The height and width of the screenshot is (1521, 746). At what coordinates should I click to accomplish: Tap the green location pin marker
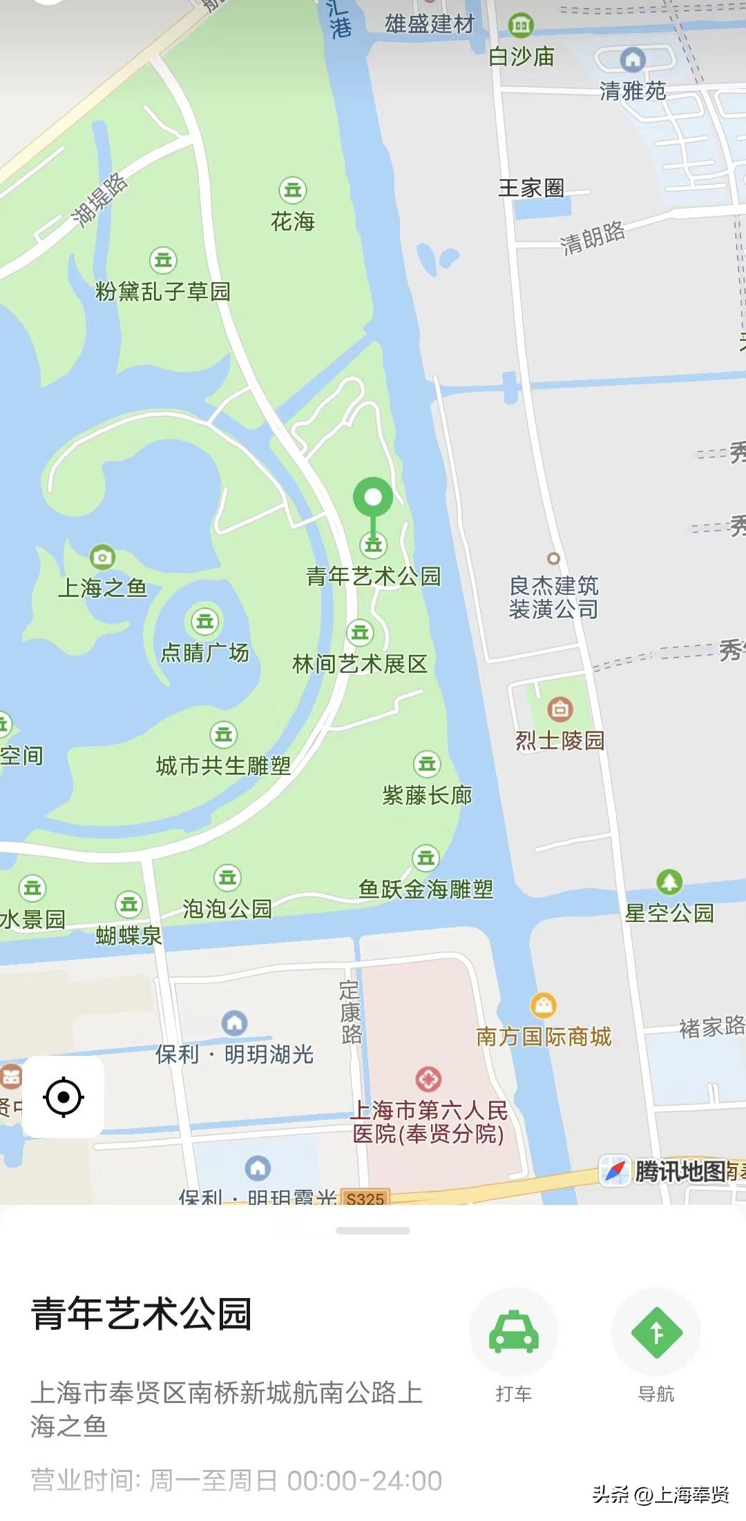[x=373, y=498]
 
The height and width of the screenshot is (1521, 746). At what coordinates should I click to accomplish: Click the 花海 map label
[x=293, y=221]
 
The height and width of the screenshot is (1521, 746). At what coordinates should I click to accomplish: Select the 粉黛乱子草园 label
[x=163, y=291]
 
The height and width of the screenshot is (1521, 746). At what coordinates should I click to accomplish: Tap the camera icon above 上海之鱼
[x=102, y=557]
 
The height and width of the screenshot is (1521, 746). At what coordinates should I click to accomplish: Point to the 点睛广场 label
[x=204, y=652]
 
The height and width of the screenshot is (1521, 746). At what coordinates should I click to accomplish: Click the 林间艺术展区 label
[x=360, y=664]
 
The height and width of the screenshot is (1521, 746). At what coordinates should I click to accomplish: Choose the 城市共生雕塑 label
[x=223, y=765]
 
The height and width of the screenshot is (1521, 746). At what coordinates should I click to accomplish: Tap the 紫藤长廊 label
[x=427, y=795]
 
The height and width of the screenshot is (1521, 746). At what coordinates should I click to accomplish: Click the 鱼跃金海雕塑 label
[x=425, y=889]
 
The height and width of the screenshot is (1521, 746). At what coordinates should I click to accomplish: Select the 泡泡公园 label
[x=227, y=908]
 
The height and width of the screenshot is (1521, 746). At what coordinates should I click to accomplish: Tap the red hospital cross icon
[x=428, y=1079]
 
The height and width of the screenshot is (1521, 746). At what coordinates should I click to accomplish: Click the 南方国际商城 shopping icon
[x=544, y=1005]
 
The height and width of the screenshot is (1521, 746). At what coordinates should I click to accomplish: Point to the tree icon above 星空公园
[x=669, y=881]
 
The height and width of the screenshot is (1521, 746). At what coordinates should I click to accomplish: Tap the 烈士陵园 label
[x=559, y=740]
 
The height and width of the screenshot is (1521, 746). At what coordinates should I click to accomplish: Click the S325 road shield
[x=365, y=1198]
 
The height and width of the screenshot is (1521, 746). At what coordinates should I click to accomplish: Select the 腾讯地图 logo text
[x=680, y=1171]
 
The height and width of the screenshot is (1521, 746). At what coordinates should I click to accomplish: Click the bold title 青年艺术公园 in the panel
[x=142, y=1313]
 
